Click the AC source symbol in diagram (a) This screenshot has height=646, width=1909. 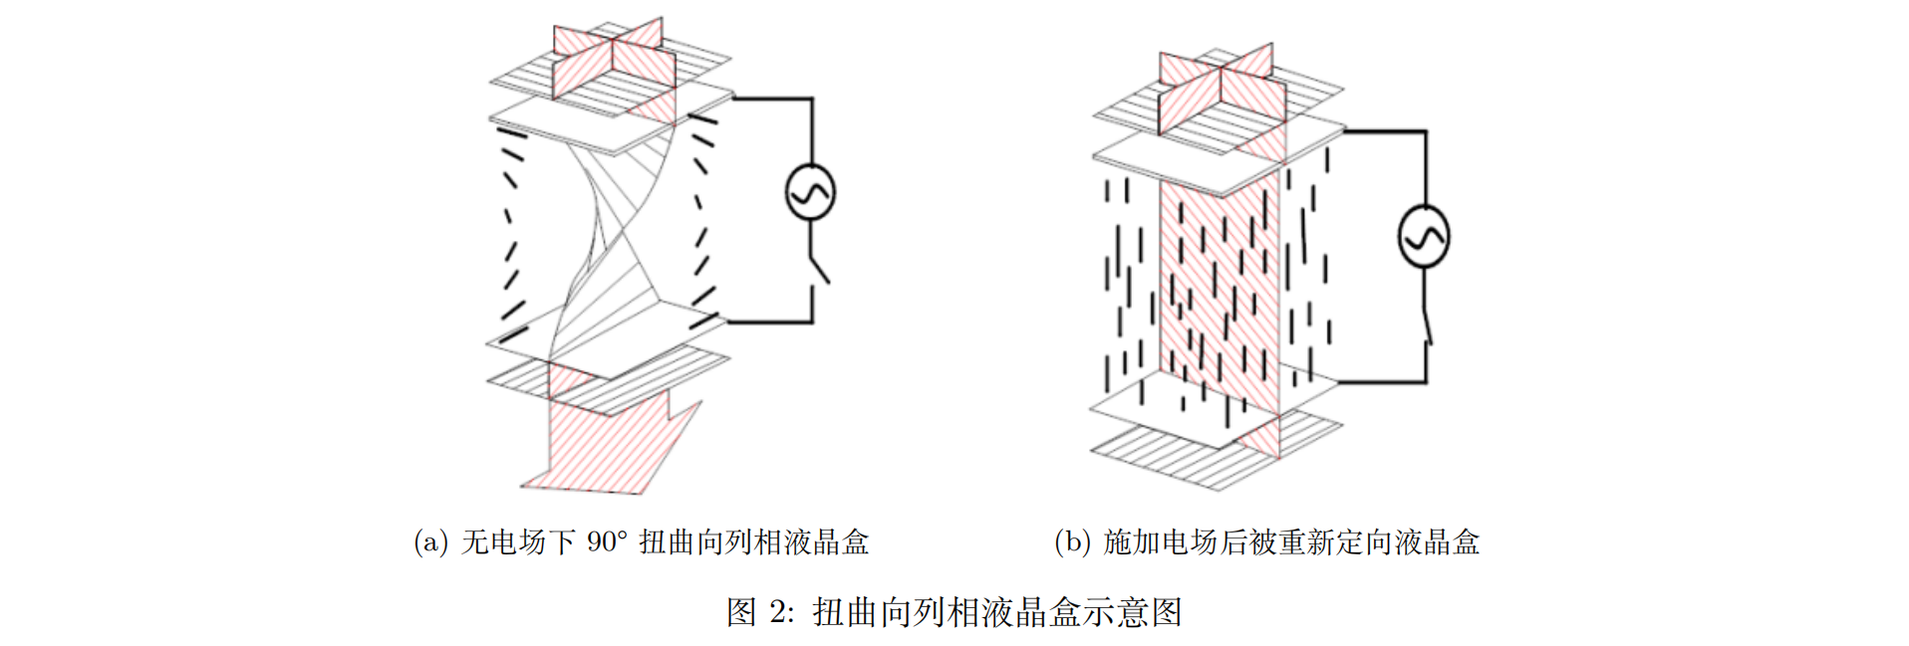click(810, 193)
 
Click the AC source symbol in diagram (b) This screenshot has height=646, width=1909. click(1424, 237)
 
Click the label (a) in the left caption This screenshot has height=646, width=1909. click(430, 542)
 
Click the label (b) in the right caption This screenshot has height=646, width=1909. click(1072, 542)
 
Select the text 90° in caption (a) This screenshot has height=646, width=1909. click(607, 542)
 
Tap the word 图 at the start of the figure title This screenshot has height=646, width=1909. click(741, 612)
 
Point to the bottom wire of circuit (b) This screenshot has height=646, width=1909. click(1380, 381)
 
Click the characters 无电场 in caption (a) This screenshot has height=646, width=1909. click(504, 542)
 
